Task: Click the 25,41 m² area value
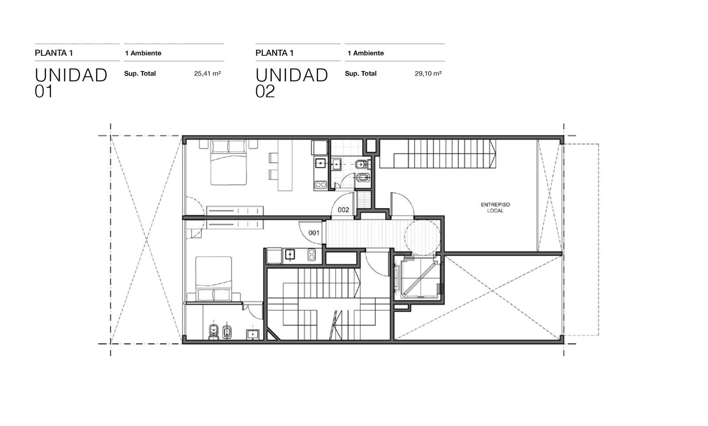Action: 208,73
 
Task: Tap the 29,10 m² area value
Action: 428,73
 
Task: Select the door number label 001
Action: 314,233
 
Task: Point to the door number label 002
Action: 343,210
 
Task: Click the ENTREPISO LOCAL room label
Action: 495,208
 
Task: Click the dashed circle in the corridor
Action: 422,237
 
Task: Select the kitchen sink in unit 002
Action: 320,163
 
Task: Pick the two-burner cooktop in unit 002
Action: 320,185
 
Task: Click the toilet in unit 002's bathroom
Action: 361,164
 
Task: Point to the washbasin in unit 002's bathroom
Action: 336,164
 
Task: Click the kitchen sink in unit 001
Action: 290,255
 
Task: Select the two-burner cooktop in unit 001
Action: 312,255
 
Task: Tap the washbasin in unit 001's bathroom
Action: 253,334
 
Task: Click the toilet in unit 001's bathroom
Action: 214,331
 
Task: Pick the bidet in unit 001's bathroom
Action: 227,332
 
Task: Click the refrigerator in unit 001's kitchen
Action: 274,256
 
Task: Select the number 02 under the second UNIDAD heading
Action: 265,91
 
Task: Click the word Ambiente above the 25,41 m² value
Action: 146,53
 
